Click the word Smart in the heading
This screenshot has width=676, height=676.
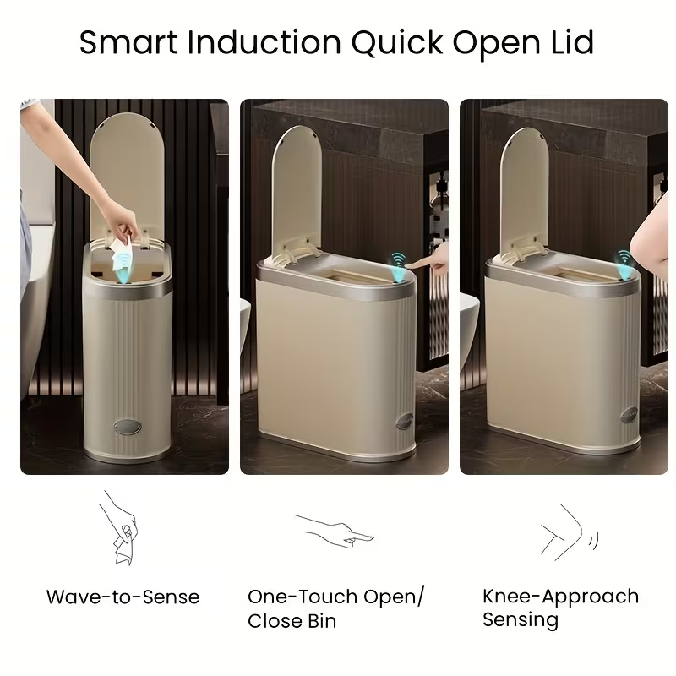(128, 42)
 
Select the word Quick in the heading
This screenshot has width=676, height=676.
(396, 43)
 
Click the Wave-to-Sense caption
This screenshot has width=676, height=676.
(123, 597)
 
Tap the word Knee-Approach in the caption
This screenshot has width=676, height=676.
(560, 597)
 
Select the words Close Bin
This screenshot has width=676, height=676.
(292, 621)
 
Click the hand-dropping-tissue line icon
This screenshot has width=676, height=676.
(118, 527)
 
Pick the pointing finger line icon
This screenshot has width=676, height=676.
(334, 532)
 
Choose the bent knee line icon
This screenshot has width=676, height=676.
(569, 533)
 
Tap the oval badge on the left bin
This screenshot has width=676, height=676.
(128, 427)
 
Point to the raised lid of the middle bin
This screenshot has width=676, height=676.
(297, 190)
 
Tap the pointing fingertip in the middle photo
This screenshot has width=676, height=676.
(408, 265)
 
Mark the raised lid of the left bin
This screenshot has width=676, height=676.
(128, 172)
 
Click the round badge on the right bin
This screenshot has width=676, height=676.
(629, 416)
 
